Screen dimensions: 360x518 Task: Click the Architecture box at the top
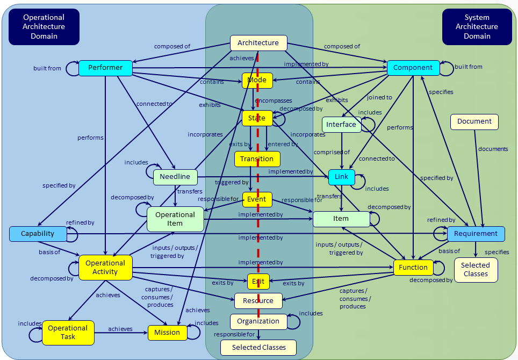258,43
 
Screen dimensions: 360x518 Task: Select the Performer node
105,68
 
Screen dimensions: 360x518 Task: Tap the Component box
413,68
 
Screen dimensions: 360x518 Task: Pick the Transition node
257,159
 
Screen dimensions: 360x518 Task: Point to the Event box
257,199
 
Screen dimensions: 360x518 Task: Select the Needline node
175,176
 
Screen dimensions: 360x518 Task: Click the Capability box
38,234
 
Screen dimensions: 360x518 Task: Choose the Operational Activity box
105,268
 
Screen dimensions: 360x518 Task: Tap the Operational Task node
68,332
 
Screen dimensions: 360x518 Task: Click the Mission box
167,333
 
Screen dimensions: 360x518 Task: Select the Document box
474,121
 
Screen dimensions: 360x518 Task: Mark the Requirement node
476,234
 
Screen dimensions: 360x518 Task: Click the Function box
413,268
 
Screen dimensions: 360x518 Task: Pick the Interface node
341,125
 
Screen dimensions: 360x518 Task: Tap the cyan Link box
341,177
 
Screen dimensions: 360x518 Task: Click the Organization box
258,321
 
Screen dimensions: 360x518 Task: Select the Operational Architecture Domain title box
44,27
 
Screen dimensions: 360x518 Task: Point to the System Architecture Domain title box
477,27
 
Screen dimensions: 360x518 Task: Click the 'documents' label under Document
493,149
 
